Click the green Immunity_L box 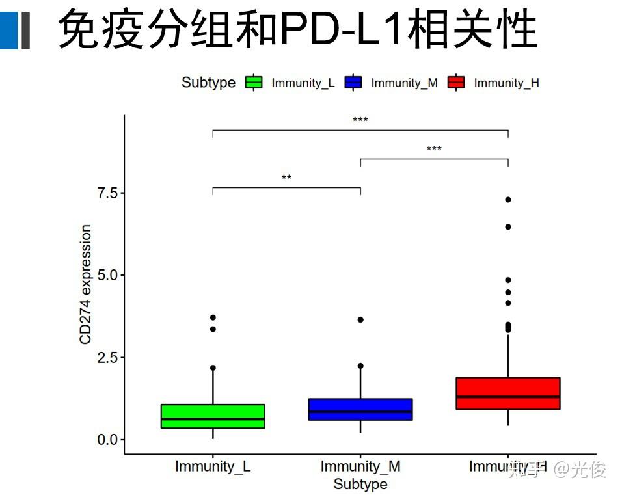click(x=213, y=416)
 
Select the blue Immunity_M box click(x=360, y=409)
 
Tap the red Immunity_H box click(x=508, y=393)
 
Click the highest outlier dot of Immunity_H click(x=508, y=200)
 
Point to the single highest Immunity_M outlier click(x=360, y=320)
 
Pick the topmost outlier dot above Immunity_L click(x=213, y=317)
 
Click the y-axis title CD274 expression click(x=85, y=285)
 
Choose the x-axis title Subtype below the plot click(x=360, y=485)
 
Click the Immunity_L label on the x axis click(x=213, y=466)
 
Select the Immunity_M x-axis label click(x=360, y=466)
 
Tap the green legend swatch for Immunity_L click(x=254, y=83)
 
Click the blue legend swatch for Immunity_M click(x=353, y=83)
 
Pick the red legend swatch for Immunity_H click(x=456, y=83)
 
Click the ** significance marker click(x=286, y=178)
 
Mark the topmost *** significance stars click(x=360, y=120)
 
